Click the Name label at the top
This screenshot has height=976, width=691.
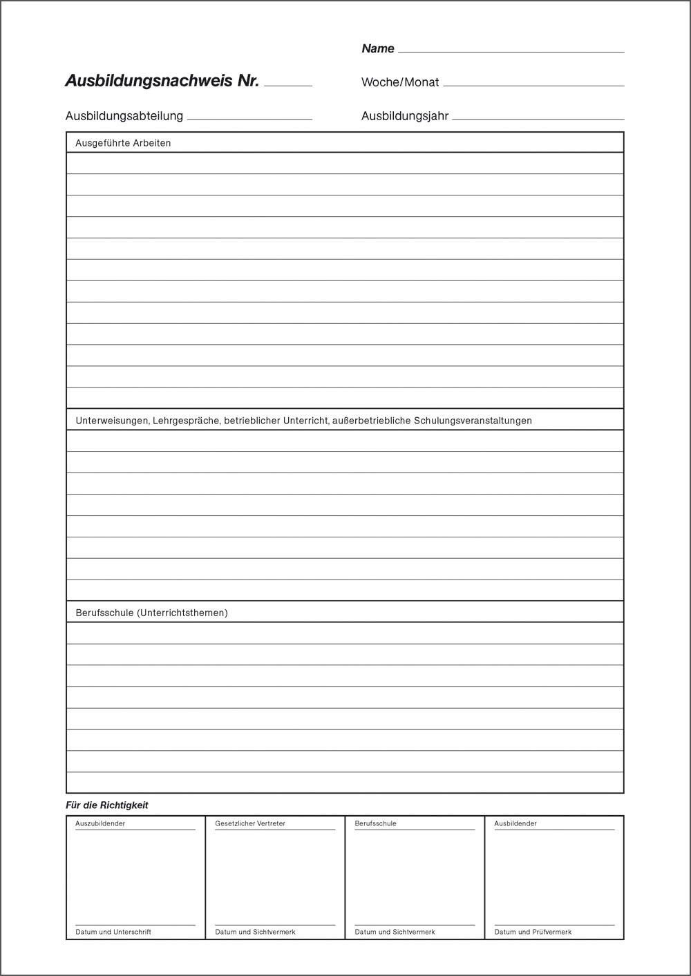click(377, 48)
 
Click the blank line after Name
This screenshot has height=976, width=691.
click(511, 51)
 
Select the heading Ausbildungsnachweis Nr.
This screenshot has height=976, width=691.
click(162, 81)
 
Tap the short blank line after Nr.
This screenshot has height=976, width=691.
click(288, 85)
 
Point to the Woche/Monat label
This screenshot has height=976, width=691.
click(399, 82)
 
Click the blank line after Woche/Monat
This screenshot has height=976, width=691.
click(533, 85)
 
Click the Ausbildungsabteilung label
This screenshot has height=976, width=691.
click(124, 116)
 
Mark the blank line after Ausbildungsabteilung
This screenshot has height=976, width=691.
click(249, 119)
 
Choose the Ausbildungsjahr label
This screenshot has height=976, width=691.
click(405, 116)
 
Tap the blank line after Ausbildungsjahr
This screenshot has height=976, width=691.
click(538, 119)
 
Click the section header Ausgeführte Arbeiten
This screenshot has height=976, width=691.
click(123, 143)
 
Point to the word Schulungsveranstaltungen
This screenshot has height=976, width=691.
click(473, 420)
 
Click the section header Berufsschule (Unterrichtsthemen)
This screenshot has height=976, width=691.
click(151, 613)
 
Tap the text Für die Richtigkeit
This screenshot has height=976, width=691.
click(106, 805)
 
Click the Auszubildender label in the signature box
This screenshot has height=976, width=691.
click(100, 823)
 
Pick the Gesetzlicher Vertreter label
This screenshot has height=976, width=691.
click(250, 823)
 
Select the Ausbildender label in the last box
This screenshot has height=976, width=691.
click(515, 823)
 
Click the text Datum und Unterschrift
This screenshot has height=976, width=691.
click(113, 932)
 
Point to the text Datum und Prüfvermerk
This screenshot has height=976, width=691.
click(533, 932)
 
